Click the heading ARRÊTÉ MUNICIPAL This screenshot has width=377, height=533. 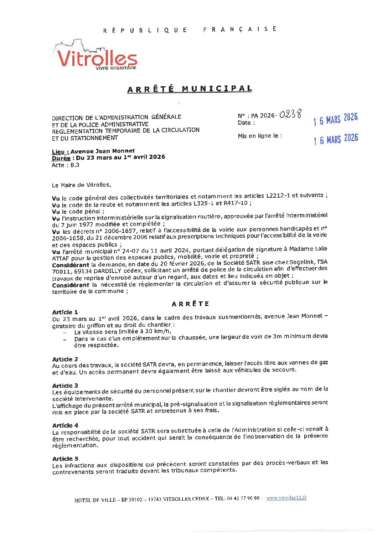[190, 89]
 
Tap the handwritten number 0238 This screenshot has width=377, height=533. [290, 114]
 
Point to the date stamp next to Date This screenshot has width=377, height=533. [335, 119]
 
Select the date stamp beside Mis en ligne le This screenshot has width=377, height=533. [336, 139]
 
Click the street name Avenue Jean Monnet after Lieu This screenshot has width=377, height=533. [103, 151]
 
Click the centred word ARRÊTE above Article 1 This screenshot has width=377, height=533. [190, 304]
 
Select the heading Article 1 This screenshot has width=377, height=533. [65, 312]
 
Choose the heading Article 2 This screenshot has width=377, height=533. [65, 359]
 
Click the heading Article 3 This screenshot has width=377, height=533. [65, 385]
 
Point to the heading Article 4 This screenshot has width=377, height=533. [65, 425]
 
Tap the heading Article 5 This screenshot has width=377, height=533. [65, 459]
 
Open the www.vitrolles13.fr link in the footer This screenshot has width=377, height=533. [286, 498]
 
